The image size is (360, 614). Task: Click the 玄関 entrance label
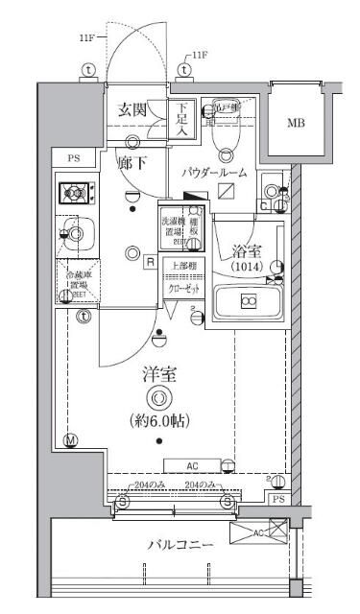click(x=132, y=110)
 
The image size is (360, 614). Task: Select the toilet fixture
click(x=228, y=135)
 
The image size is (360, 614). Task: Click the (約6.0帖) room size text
click(x=159, y=420)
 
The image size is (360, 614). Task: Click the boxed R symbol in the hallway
click(x=151, y=261)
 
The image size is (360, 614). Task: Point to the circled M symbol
click(x=69, y=441)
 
